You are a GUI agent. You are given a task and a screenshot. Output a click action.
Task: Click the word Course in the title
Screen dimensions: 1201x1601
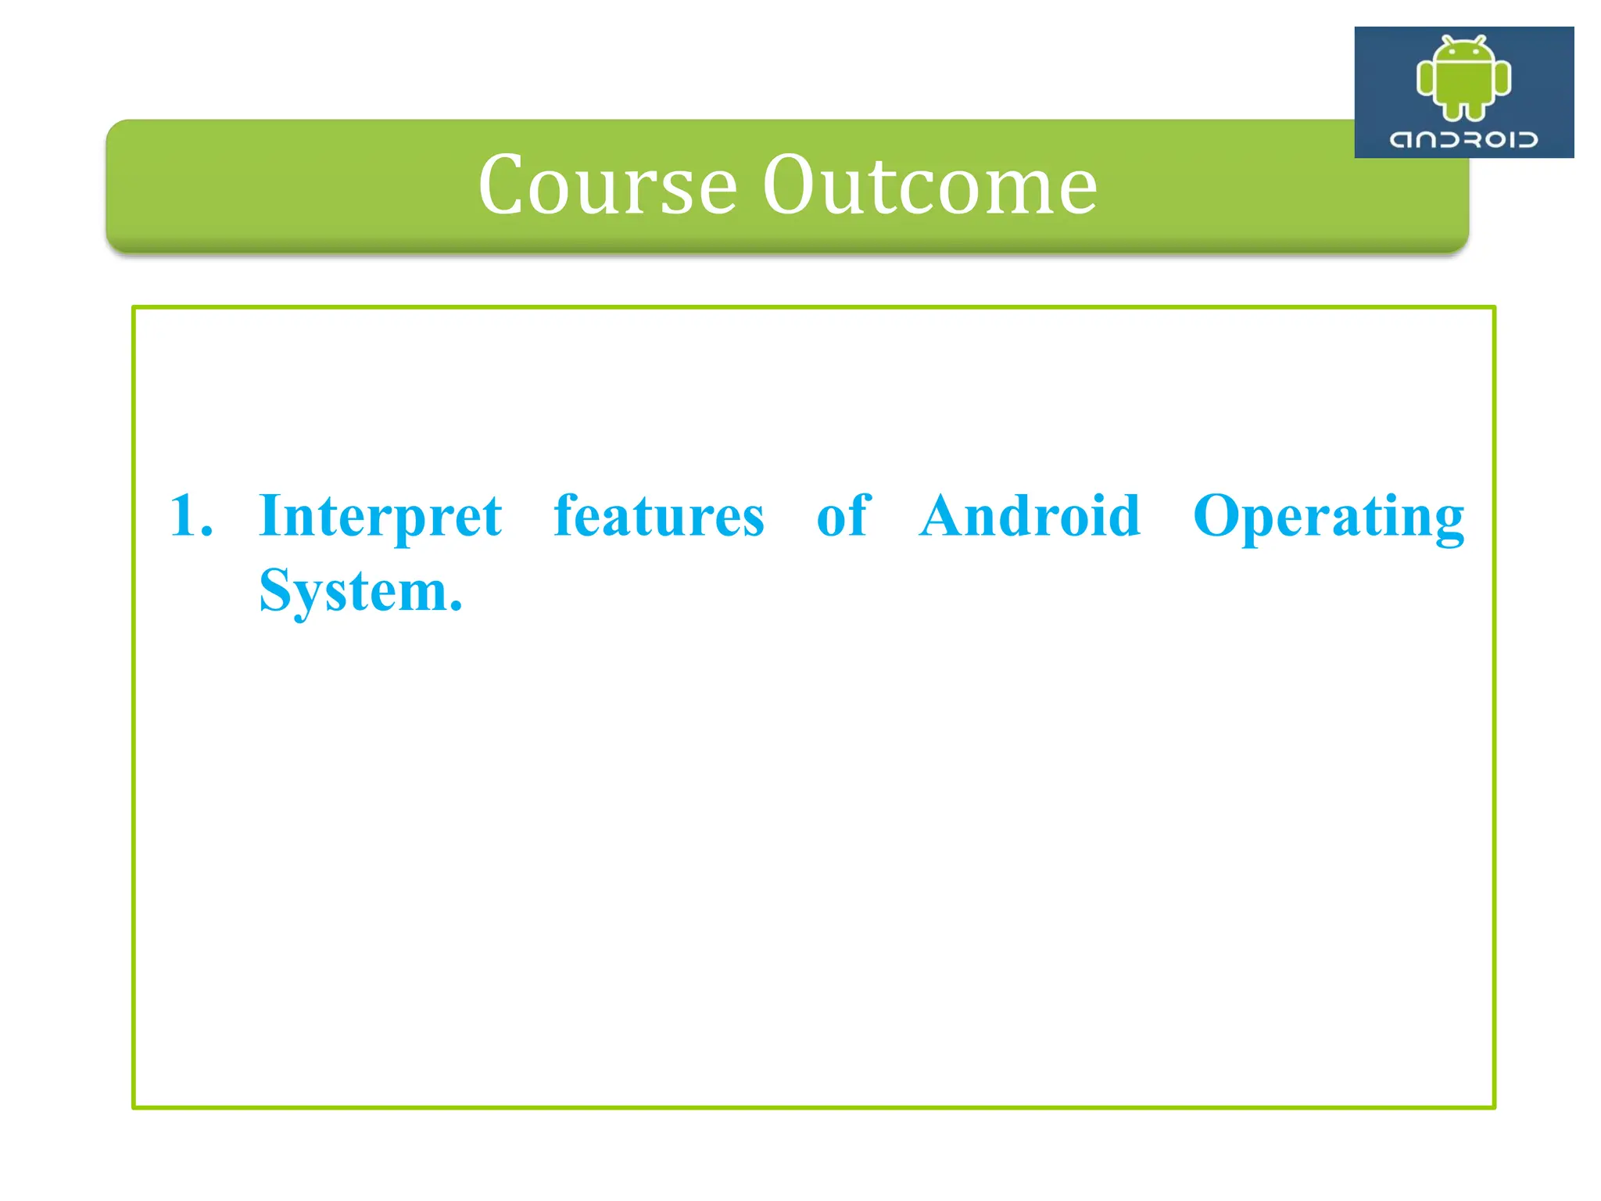pos(607,185)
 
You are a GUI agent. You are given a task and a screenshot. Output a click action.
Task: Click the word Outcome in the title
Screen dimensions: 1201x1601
pos(929,185)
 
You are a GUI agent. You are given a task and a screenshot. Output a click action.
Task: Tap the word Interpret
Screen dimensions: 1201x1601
pos(380,516)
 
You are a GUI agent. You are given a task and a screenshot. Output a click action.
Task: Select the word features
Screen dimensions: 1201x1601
pos(658,516)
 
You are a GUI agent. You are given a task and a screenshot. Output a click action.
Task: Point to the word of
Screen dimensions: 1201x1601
pos(843,516)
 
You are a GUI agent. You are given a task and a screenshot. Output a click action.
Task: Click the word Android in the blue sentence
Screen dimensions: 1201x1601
pos(1030,516)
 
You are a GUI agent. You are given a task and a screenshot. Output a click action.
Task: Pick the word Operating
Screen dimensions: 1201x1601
pos(1328,518)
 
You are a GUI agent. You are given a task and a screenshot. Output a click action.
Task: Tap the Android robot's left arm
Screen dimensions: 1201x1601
pos(1425,79)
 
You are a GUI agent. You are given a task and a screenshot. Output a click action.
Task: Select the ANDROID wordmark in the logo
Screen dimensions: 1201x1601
pos(1463,140)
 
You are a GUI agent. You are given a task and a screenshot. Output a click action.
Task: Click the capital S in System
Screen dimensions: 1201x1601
pos(276,590)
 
